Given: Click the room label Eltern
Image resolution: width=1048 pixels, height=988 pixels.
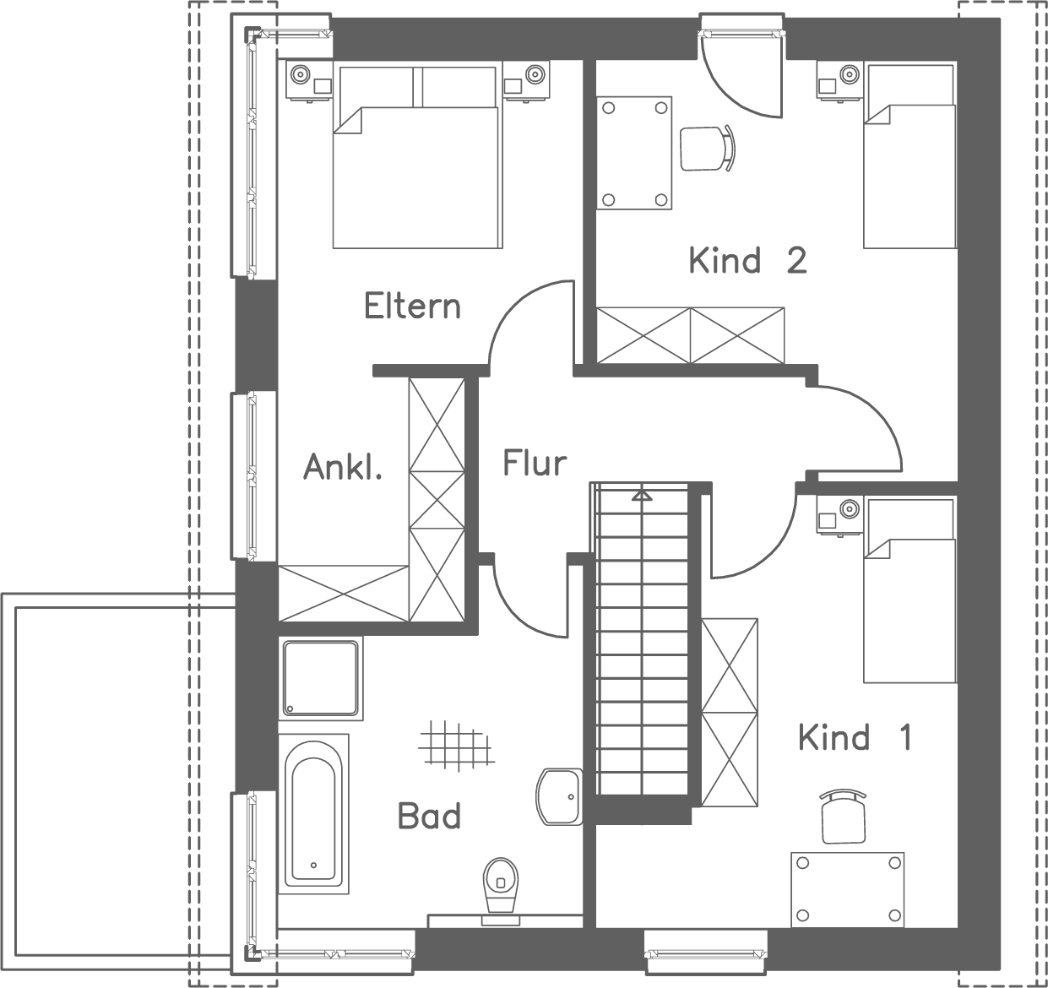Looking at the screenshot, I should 412,306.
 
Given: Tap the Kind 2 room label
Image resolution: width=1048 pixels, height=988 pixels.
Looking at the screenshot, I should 747,260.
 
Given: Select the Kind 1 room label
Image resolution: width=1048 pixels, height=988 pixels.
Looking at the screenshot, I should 855,737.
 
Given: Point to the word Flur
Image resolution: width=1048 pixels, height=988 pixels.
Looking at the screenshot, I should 535,463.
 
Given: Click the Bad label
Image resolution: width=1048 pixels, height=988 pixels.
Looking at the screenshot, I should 429,816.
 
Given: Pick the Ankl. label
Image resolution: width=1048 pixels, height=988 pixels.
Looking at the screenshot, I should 343,466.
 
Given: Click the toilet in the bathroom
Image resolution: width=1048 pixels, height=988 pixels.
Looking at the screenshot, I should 500,886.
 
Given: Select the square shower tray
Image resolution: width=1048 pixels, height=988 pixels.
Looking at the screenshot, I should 320,677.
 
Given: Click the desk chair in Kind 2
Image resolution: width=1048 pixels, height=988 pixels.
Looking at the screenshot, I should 706,148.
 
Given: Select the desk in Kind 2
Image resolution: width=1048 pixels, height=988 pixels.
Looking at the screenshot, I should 635,152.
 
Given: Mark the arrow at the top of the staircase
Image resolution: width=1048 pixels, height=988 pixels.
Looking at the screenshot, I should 642,494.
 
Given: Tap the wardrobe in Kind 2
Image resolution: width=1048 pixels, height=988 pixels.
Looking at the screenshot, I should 691,336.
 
